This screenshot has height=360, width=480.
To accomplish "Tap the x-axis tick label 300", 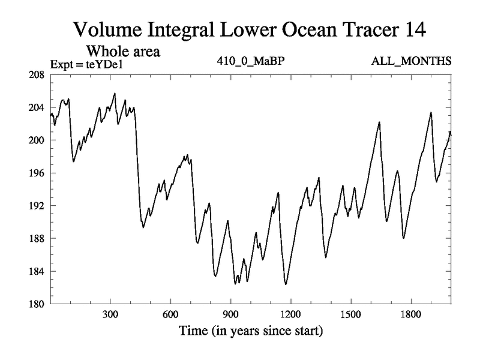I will click(110, 314).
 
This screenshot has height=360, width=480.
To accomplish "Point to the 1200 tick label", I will click(290, 314).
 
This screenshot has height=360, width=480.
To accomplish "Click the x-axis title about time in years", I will click(250, 330).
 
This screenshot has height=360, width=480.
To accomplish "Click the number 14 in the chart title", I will click(414, 29).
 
